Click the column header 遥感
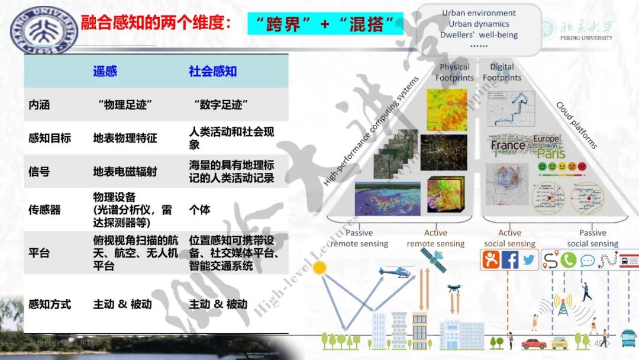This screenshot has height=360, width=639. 105,72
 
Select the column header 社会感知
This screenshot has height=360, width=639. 212,72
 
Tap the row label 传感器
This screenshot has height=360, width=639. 44,210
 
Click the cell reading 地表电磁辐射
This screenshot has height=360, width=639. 125,172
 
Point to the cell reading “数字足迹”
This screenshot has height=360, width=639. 220,105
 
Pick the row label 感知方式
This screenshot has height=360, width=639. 50,304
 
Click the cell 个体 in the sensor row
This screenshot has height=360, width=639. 199,210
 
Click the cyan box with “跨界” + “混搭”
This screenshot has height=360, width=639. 325,24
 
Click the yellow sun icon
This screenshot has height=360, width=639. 320,268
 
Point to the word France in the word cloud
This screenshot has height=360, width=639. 508,145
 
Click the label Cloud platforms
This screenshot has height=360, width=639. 576,125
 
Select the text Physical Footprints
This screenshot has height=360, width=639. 454,72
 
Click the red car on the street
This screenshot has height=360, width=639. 534,343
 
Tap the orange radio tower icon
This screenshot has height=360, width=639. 563,304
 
